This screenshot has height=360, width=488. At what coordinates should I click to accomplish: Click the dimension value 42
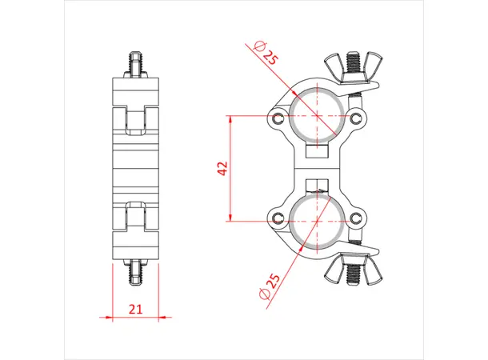tap(223, 168)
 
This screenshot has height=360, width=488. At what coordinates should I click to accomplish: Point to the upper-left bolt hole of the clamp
tap(278, 119)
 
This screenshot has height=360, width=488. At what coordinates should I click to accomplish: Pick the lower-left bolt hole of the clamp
tap(278, 218)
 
